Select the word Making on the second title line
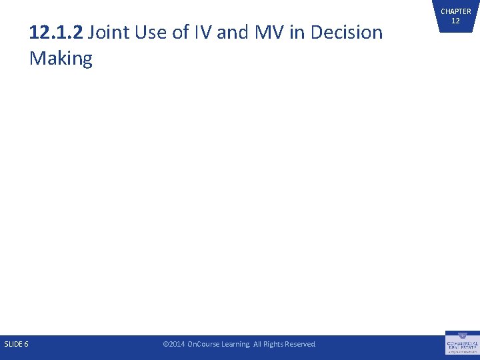click(61, 59)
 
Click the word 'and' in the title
click(231, 32)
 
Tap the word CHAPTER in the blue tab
click(455, 11)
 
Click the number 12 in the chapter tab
click(455, 21)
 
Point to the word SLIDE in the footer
click(13, 344)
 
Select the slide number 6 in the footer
click(26, 344)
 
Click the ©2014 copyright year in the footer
click(174, 344)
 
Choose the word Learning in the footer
click(238, 344)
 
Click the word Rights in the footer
click(275, 344)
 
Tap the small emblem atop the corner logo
click(462, 335)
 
